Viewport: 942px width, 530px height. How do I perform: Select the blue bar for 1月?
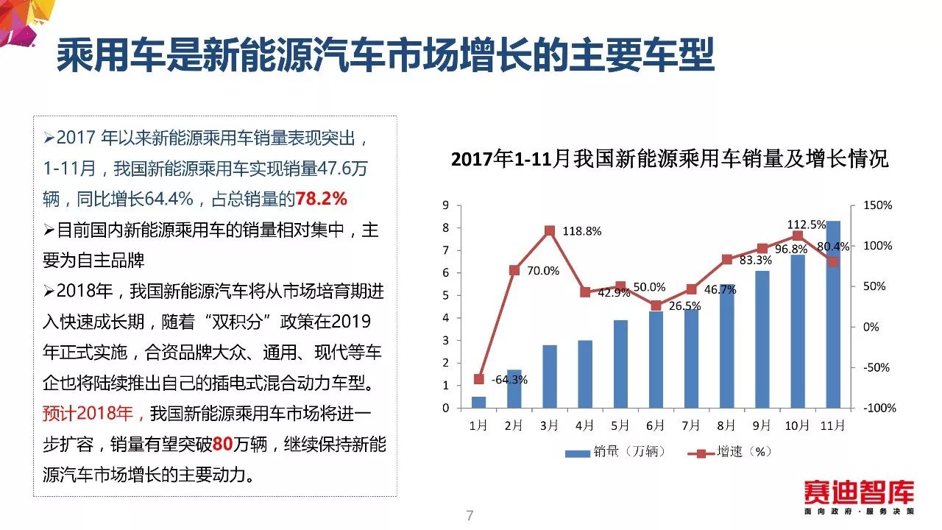pos(478,402)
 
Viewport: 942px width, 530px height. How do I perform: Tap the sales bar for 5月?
pos(620,364)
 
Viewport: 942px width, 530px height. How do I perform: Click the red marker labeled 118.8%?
pos(549,230)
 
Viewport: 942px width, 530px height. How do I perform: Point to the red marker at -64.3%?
pos(478,379)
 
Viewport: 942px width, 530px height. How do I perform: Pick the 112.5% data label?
pos(806,225)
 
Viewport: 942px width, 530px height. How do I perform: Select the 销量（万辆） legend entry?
pos(615,452)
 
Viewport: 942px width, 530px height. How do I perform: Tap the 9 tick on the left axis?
pos(446,205)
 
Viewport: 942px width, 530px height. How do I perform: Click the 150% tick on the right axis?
pos(877,205)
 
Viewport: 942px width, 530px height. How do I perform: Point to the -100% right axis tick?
pos(879,408)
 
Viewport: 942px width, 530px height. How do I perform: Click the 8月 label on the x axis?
pos(726,425)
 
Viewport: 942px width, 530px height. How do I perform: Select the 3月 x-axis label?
pos(549,425)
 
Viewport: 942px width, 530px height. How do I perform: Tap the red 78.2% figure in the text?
pos(321,199)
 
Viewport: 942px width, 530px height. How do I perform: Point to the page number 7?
pos(470,515)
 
